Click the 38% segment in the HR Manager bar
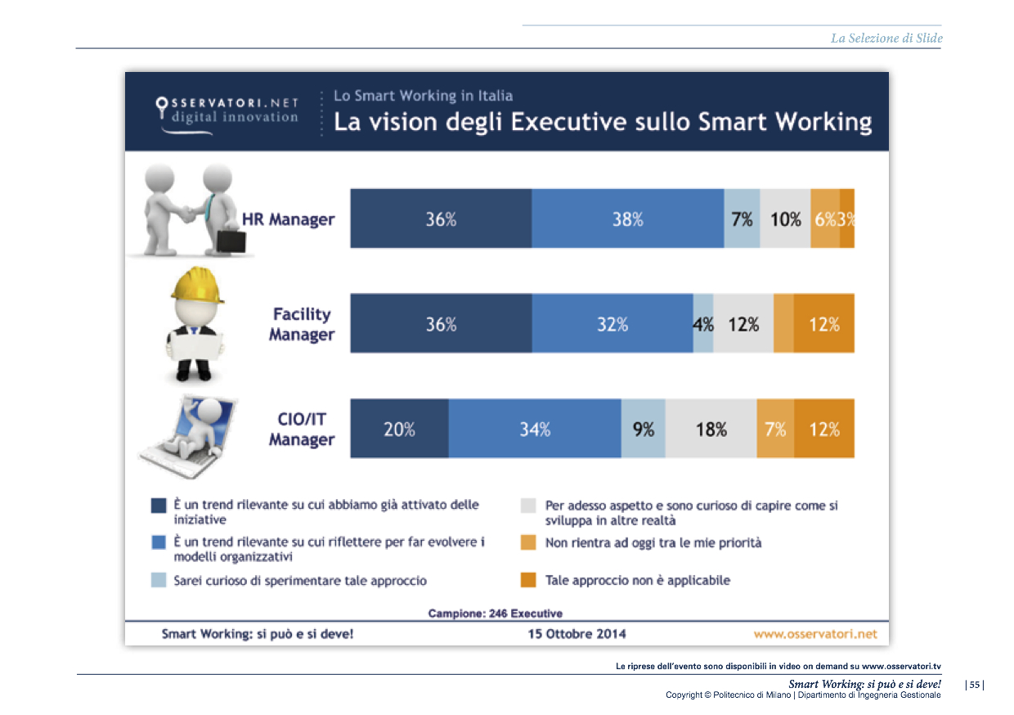[627, 218]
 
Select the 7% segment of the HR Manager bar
[742, 218]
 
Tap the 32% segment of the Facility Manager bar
[612, 324]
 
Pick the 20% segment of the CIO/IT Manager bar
[399, 429]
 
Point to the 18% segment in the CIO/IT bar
[711, 429]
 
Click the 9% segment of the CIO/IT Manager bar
[643, 429]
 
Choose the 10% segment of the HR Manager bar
[785, 218]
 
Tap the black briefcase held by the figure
[230, 241]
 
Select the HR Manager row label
[288, 219]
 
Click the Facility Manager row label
[302, 324]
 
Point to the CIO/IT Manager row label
[302, 429]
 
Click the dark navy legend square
[159, 506]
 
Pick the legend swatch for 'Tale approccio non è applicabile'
[528, 580]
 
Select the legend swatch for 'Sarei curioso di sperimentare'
[159, 580]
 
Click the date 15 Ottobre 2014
[577, 633]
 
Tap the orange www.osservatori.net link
[814, 633]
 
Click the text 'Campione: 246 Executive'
[495, 613]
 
